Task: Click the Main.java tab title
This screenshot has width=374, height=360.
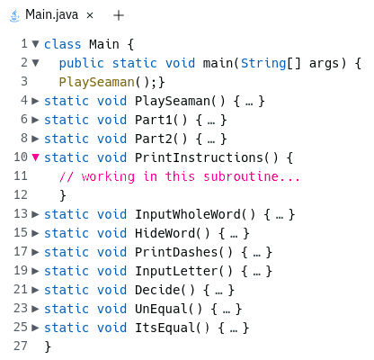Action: pos(51,14)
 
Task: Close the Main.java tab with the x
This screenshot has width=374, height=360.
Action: pos(90,15)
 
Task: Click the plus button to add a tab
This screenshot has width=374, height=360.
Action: pos(119,15)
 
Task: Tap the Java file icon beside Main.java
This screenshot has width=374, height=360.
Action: pos(14,15)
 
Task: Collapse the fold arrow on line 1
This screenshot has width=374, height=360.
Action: pos(35,44)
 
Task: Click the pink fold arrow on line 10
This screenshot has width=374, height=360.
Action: pos(35,157)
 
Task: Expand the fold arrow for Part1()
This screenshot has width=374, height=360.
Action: pos(35,120)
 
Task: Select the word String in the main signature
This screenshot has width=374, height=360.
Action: pos(263,64)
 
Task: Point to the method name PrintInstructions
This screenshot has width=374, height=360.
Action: pos(199,157)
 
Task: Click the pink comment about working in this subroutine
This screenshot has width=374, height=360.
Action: pos(179,176)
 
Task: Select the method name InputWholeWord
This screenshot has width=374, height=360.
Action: pos(188,214)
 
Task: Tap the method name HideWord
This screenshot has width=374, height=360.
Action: pos(165,233)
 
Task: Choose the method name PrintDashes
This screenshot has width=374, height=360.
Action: pos(176,252)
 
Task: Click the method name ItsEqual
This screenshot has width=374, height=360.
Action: pos(165,328)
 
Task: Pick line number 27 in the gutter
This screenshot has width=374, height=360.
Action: pos(21,346)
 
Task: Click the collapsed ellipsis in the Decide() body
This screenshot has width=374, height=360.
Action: pos(218,291)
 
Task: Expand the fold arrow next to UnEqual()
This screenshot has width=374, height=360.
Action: pos(35,309)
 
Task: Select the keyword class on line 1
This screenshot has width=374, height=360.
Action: pos(63,44)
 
